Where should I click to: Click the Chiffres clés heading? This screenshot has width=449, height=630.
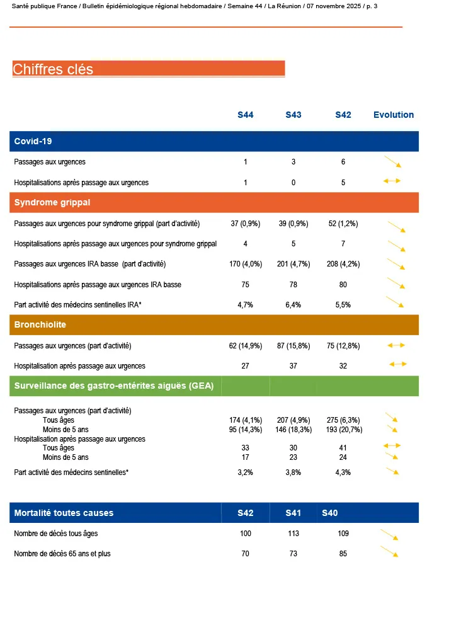point(53,69)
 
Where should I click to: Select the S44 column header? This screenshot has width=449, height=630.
point(246,115)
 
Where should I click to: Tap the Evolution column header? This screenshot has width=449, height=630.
point(394,115)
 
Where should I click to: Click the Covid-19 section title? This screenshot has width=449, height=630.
point(33,141)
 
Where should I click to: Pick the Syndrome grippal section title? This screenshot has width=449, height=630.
point(52,203)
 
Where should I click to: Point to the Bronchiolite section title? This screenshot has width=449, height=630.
point(40,325)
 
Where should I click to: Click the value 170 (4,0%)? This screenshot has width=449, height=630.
point(246,264)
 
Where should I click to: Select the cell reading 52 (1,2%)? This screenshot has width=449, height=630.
point(343,224)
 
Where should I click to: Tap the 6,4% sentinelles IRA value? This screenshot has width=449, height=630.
point(293,305)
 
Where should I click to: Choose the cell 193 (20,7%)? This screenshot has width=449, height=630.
point(343,430)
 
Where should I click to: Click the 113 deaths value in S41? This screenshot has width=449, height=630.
point(293,534)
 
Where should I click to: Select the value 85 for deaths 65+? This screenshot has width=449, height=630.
point(343,554)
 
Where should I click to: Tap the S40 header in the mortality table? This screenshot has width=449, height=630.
point(330,513)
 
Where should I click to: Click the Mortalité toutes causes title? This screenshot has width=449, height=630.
point(64,513)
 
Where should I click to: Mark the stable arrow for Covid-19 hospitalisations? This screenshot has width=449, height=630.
point(392,181)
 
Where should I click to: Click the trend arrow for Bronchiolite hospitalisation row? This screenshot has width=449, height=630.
point(397,364)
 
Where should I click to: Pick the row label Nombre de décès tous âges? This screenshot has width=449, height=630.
point(56,534)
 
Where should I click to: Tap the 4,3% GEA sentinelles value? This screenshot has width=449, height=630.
point(343,472)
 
